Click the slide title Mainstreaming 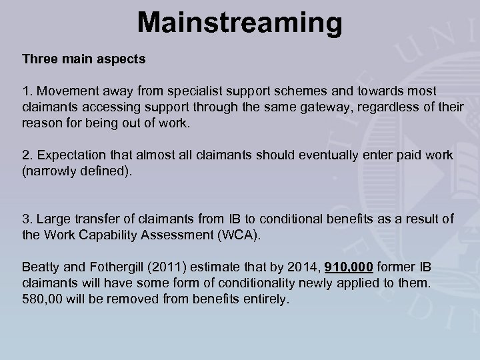click(239, 23)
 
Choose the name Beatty click(39, 268)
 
